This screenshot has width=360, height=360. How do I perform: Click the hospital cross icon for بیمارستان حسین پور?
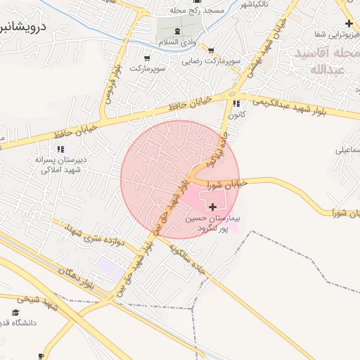point(213,207)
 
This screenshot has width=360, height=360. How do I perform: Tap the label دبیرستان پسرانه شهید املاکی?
point(63,165)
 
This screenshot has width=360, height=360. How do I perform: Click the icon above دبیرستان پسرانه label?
point(60,148)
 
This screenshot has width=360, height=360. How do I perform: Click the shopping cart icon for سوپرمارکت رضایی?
point(211,50)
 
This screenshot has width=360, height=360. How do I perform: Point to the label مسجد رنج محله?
point(197,12)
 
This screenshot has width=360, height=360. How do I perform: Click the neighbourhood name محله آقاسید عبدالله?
point(321,62)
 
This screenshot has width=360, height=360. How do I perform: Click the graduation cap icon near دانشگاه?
point(15,312)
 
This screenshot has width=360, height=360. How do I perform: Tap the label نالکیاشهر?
point(257,4)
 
